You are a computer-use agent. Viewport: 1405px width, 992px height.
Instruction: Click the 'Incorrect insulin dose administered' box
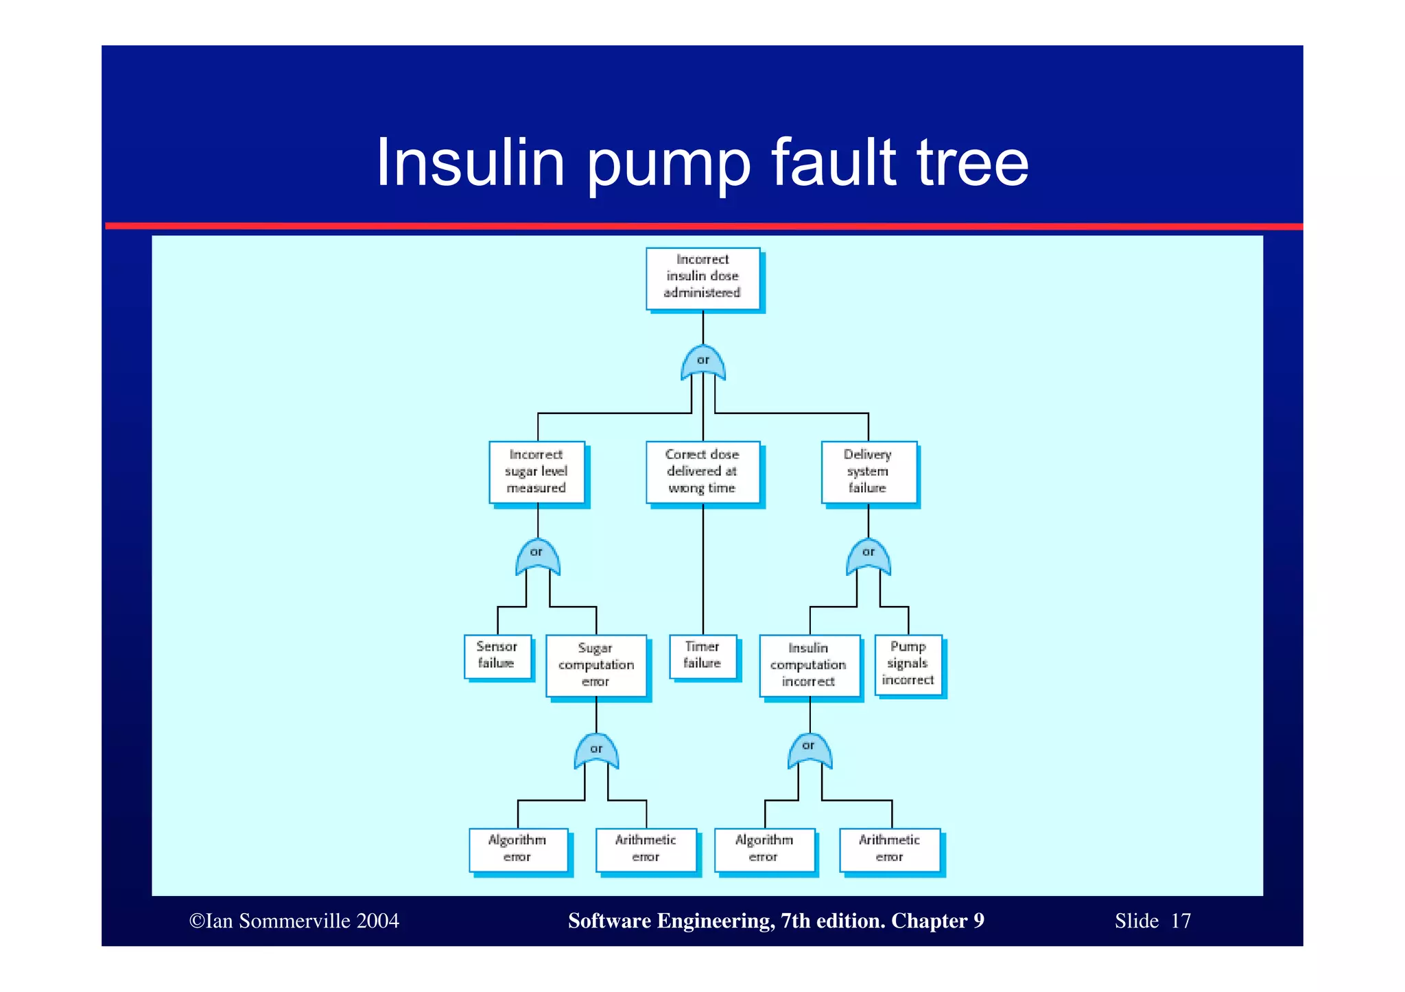(x=703, y=278)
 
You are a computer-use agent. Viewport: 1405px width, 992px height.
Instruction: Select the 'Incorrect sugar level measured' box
(x=537, y=472)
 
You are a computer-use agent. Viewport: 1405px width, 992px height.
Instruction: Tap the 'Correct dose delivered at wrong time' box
(x=702, y=472)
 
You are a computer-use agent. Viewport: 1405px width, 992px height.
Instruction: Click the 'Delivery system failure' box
(x=869, y=472)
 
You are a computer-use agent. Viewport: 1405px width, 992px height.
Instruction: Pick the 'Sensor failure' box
(x=497, y=656)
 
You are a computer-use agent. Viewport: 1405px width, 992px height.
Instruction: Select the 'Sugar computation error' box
(x=596, y=665)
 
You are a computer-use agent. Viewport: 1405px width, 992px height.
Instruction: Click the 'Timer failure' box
(x=703, y=656)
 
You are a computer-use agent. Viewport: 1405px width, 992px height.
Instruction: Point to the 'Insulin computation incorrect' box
(x=810, y=665)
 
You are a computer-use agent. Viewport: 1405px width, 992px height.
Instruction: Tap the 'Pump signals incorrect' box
(x=908, y=664)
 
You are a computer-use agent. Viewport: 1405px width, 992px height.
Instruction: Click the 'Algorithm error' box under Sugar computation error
(x=518, y=849)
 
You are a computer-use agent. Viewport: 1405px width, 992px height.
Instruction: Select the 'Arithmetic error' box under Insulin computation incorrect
(x=890, y=849)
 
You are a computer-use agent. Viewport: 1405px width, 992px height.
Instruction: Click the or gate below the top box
(x=703, y=363)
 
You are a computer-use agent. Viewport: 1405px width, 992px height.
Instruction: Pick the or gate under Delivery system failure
(x=869, y=556)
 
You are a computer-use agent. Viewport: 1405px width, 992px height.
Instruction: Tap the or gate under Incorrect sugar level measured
(x=537, y=556)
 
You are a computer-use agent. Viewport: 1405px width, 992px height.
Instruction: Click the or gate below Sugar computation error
(x=596, y=751)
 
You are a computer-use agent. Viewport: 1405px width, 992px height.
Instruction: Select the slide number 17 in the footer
(x=1181, y=921)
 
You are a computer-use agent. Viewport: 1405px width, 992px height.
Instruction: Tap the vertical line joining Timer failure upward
(x=703, y=569)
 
